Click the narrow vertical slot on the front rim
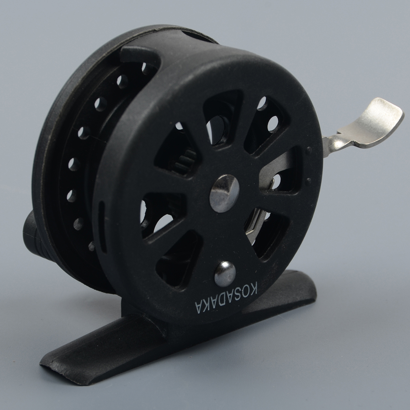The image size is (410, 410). [102, 227]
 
